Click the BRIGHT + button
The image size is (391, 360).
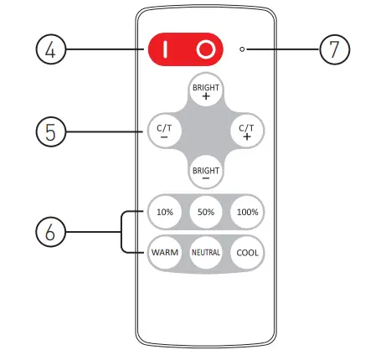pyautogui.click(x=206, y=90)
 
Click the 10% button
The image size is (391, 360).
pyautogui.click(x=165, y=212)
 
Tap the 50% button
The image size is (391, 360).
pyautogui.click(x=206, y=212)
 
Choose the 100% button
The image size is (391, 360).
pyautogui.click(x=246, y=212)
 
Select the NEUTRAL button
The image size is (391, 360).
pyautogui.click(x=206, y=252)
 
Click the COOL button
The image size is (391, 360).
pyautogui.click(x=246, y=252)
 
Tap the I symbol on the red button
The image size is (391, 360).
pyautogui.click(x=165, y=50)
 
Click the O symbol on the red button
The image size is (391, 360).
pyautogui.click(x=205, y=50)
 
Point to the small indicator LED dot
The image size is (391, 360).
pyautogui.click(x=242, y=50)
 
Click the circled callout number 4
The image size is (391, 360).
pyautogui.click(x=50, y=50)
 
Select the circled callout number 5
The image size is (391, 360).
pyautogui.click(x=50, y=131)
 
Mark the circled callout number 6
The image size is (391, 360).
pyautogui.click(x=50, y=231)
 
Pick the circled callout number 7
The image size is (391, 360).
pyautogui.click(x=335, y=50)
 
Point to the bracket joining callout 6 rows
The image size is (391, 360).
pyautogui.click(x=123, y=231)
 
